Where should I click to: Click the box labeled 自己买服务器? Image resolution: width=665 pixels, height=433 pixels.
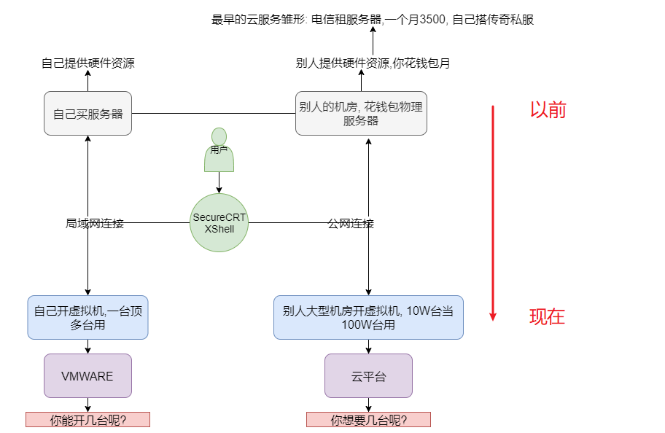87,114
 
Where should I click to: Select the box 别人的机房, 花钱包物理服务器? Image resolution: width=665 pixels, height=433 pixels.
361,114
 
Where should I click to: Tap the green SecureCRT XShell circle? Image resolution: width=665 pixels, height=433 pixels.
219,223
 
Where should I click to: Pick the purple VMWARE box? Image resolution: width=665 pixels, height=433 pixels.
87,376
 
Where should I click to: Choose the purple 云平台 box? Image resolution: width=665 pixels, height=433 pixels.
368,376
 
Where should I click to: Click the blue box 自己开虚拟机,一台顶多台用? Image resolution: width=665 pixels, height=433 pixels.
87,318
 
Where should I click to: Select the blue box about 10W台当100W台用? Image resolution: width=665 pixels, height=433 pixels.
368,318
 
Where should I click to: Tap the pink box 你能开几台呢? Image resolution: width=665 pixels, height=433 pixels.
87,420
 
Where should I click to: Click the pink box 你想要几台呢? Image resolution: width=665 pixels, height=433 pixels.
368,420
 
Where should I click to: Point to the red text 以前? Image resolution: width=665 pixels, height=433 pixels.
548,110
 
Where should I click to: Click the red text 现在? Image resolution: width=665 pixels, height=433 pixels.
547,317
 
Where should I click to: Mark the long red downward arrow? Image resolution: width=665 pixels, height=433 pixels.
493,211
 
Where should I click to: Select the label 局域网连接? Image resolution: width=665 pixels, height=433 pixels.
95,224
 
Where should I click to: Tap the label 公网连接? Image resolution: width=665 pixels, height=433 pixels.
351,224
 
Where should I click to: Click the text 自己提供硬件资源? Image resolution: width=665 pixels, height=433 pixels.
87,63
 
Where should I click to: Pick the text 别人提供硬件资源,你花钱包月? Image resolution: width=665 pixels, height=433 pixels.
373,63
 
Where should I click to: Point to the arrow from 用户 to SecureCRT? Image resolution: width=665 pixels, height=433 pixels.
219,183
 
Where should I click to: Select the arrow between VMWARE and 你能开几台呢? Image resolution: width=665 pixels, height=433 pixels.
87,405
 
